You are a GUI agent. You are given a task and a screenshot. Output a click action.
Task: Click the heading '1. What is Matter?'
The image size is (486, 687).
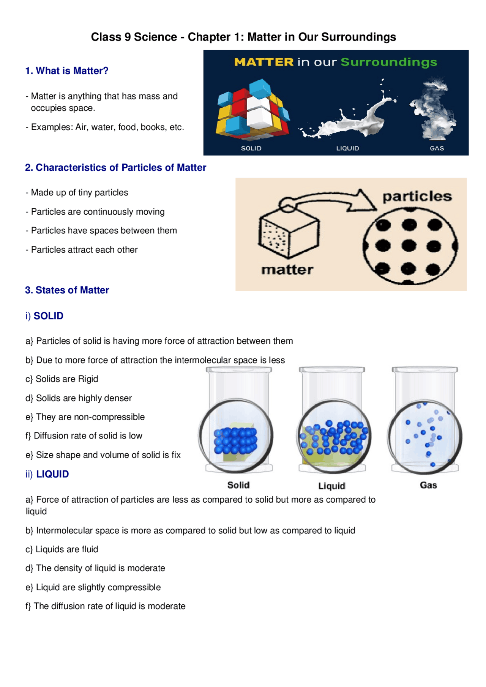67,71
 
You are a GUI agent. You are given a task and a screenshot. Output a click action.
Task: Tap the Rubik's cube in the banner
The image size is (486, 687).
252,109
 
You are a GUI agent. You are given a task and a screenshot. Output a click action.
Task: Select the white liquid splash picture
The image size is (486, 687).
347,112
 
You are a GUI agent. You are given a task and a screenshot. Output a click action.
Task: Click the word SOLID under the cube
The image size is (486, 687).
251,148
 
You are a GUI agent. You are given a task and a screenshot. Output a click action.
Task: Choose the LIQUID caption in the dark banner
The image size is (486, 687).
347,148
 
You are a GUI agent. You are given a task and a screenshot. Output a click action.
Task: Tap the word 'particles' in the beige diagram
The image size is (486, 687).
417,197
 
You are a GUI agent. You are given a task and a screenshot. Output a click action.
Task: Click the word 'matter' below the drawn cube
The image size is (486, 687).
287,270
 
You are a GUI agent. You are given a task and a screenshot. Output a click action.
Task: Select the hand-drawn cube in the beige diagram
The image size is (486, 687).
289,233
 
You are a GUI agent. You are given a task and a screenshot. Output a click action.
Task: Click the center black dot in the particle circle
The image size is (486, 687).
409,245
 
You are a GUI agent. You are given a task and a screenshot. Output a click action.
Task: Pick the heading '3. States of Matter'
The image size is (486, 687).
67,290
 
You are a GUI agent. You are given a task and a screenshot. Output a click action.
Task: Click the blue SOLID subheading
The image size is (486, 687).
49,316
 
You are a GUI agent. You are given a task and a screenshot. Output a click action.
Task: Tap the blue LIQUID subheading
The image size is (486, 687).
52,474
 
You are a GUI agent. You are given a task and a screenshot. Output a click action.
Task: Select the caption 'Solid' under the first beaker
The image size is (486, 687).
238,485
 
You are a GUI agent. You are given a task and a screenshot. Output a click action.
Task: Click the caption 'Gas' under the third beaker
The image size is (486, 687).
428,485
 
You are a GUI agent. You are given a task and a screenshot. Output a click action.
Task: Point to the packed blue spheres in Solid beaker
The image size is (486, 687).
235,441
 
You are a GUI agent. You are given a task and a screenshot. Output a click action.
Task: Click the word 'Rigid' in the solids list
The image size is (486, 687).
88,379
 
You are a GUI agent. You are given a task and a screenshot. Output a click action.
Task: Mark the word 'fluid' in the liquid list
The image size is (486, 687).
87,549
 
